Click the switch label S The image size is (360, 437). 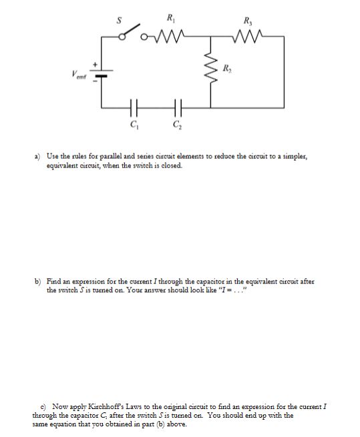(x=120, y=20)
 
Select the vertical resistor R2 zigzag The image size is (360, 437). (x=212, y=67)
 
